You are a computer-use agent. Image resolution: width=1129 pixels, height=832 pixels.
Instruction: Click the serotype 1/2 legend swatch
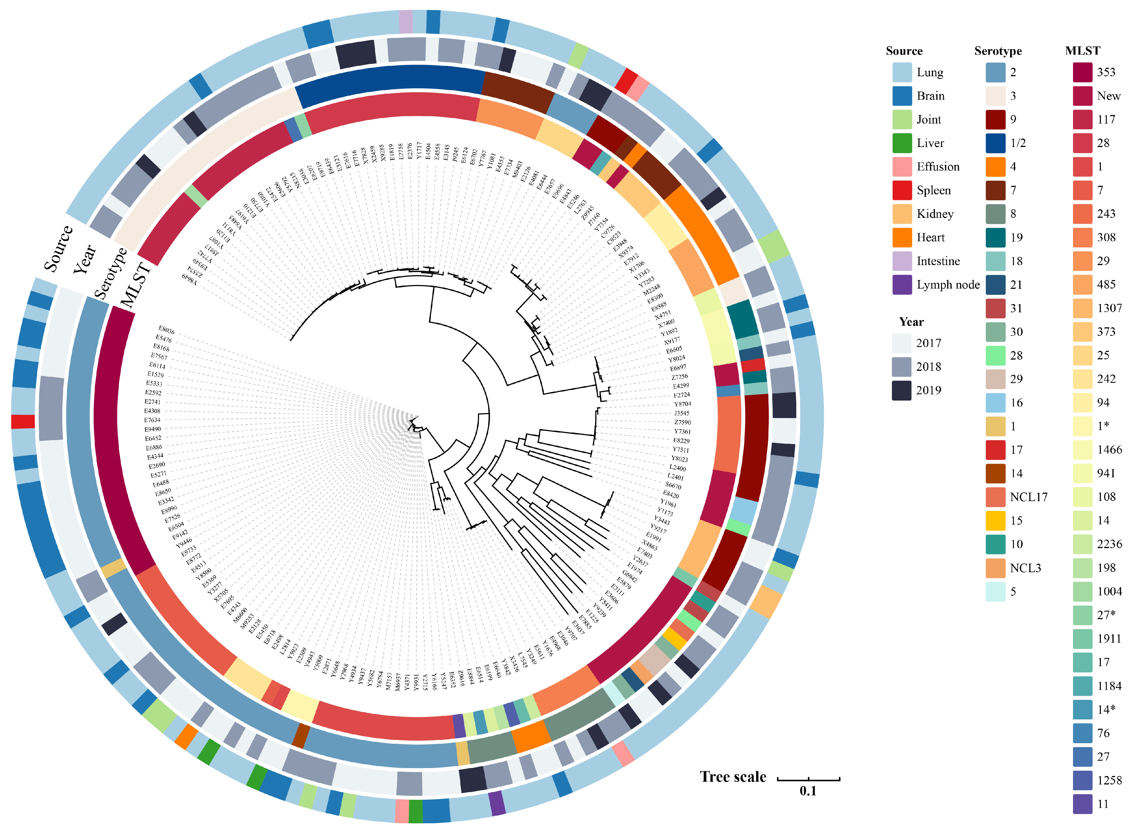point(995,143)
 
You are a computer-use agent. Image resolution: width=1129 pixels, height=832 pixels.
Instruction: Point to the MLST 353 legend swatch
point(1082,72)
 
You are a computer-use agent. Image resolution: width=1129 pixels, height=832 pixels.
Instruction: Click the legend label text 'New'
point(1108,96)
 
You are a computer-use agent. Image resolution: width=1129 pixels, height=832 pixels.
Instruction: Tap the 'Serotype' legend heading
point(998,51)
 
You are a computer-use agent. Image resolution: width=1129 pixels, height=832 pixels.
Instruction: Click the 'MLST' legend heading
point(1082,51)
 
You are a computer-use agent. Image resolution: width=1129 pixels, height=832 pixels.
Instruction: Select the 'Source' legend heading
point(904,51)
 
